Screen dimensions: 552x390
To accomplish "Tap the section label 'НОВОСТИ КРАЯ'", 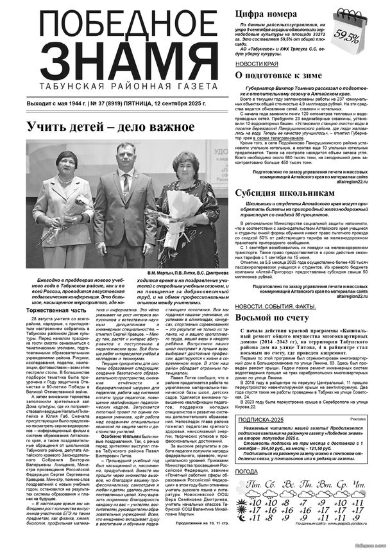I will pyautogui.click(x=257, y=64).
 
